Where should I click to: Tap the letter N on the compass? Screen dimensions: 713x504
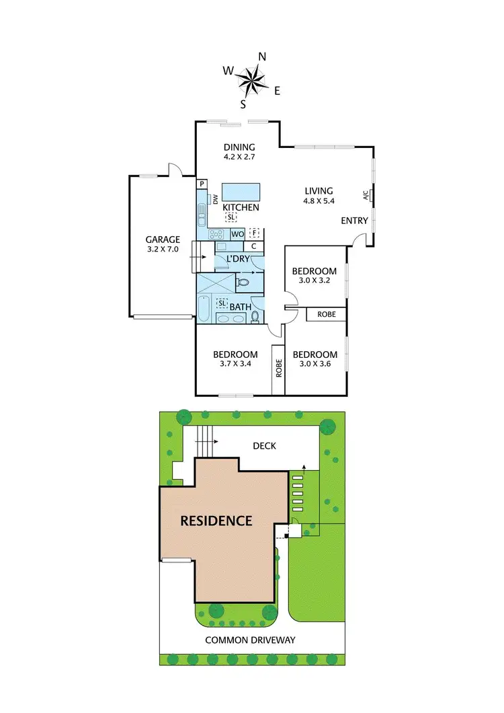tap(263, 57)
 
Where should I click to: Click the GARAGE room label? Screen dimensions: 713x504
tap(163, 239)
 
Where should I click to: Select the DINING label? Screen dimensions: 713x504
tap(239, 147)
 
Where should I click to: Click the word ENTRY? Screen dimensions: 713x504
tap(354, 221)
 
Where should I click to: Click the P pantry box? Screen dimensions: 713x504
tap(202, 184)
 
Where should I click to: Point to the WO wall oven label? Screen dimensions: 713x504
tap(237, 234)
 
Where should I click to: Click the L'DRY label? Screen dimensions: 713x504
tap(237, 259)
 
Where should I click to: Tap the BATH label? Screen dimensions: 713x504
tap(240, 307)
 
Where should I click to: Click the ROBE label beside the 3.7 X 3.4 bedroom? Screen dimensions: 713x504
tap(278, 369)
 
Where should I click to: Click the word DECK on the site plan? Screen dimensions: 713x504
tap(264, 446)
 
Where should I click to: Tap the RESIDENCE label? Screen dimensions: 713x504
tap(216, 520)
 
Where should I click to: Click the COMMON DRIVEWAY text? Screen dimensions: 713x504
tap(250, 640)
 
